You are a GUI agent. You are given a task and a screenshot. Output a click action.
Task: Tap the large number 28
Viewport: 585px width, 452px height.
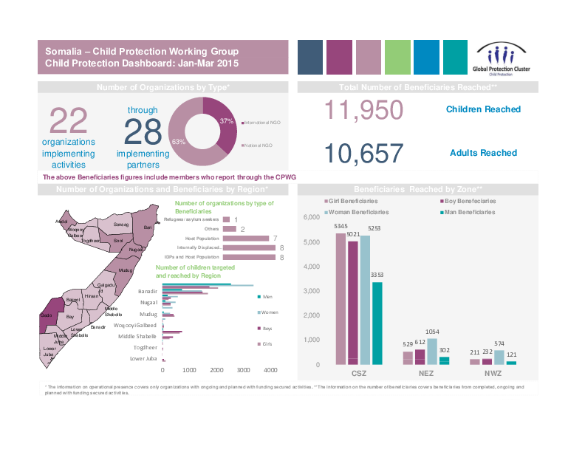143,132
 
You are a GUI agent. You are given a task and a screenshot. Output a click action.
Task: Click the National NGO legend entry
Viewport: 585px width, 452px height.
257,145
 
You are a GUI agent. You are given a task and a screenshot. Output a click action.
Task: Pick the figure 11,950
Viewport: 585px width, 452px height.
363,110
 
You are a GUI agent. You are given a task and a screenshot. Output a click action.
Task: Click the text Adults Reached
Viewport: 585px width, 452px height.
483,153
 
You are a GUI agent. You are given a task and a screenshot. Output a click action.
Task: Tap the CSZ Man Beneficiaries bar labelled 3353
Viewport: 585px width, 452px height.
377,323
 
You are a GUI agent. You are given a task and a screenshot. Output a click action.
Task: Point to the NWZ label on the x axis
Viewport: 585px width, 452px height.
493,374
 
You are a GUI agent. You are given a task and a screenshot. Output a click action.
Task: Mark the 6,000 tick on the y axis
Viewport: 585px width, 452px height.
311,216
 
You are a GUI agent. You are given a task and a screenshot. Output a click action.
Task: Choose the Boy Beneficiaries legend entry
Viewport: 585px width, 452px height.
469,201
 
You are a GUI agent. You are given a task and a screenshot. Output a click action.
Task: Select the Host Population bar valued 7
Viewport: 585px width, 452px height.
245,238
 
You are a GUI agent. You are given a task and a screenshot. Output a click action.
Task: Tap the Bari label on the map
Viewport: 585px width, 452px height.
148,227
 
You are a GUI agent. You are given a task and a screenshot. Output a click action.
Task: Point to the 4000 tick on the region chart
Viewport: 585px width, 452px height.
270,370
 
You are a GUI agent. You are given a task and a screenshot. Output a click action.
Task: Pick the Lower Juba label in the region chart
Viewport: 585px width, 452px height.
143,358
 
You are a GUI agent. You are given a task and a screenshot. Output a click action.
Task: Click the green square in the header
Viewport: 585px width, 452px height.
397,57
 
